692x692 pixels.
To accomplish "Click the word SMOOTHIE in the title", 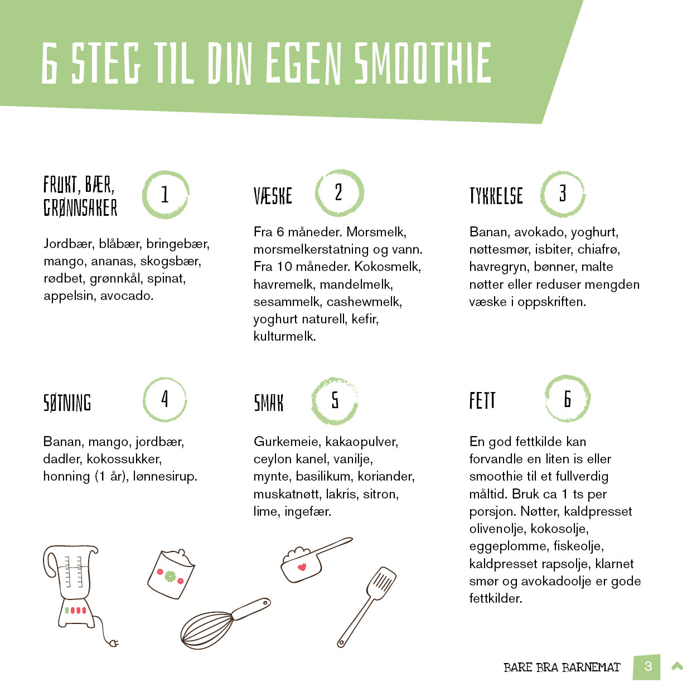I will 423,63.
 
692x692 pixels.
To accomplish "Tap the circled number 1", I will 165,195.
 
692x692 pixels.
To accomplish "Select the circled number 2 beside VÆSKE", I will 339,193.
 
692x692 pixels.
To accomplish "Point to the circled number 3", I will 563,194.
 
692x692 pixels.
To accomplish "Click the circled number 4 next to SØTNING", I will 164,399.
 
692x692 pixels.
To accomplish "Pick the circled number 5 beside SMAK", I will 335,400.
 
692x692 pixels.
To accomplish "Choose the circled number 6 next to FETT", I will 567,399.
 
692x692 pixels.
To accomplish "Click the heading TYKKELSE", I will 496,196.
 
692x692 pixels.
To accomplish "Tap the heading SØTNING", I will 67,403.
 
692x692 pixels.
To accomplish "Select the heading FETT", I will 482,401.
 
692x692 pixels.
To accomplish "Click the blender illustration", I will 71,585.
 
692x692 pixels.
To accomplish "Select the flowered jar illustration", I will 171,574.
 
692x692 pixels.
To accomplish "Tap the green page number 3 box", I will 647,666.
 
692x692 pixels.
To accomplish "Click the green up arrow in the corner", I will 678,666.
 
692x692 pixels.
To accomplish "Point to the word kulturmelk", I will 284,336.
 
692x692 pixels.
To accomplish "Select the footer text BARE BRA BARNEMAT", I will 562,667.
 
